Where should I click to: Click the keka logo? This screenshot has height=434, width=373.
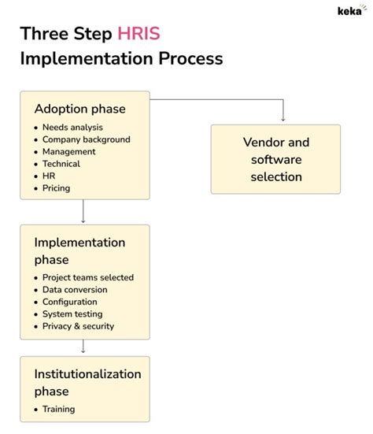point(350,11)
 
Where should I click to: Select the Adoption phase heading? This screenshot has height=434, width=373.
point(79,109)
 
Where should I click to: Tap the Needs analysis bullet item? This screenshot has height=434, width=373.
point(72,128)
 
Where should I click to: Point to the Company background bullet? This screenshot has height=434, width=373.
point(86,139)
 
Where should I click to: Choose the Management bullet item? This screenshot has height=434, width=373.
point(69,151)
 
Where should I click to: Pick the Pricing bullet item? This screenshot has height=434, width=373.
point(56,188)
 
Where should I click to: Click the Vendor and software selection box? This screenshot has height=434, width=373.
point(275,159)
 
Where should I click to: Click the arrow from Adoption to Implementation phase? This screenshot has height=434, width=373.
point(83,211)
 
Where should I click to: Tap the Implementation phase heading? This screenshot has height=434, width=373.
point(79,250)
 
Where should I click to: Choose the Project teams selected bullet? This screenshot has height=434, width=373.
point(88,277)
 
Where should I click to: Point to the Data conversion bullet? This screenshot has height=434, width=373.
point(75,290)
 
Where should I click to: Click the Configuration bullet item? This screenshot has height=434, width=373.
point(70,302)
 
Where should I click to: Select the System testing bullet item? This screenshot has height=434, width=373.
point(72,313)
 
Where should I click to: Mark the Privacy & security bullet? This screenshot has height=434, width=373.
point(78,326)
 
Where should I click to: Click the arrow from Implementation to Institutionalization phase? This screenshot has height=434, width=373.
point(83,345)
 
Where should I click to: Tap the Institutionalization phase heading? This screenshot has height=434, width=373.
point(87,382)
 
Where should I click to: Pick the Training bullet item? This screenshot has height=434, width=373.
point(59,409)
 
